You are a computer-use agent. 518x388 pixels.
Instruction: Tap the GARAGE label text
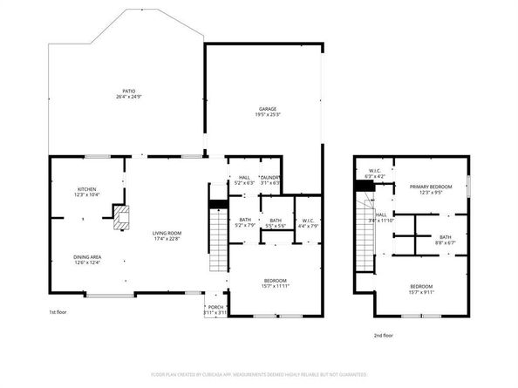(267, 110)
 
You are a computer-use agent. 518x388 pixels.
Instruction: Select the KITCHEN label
(87, 191)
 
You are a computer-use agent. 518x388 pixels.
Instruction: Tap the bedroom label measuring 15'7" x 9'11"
(421, 288)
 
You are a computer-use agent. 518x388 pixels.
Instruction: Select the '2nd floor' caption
(382, 335)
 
